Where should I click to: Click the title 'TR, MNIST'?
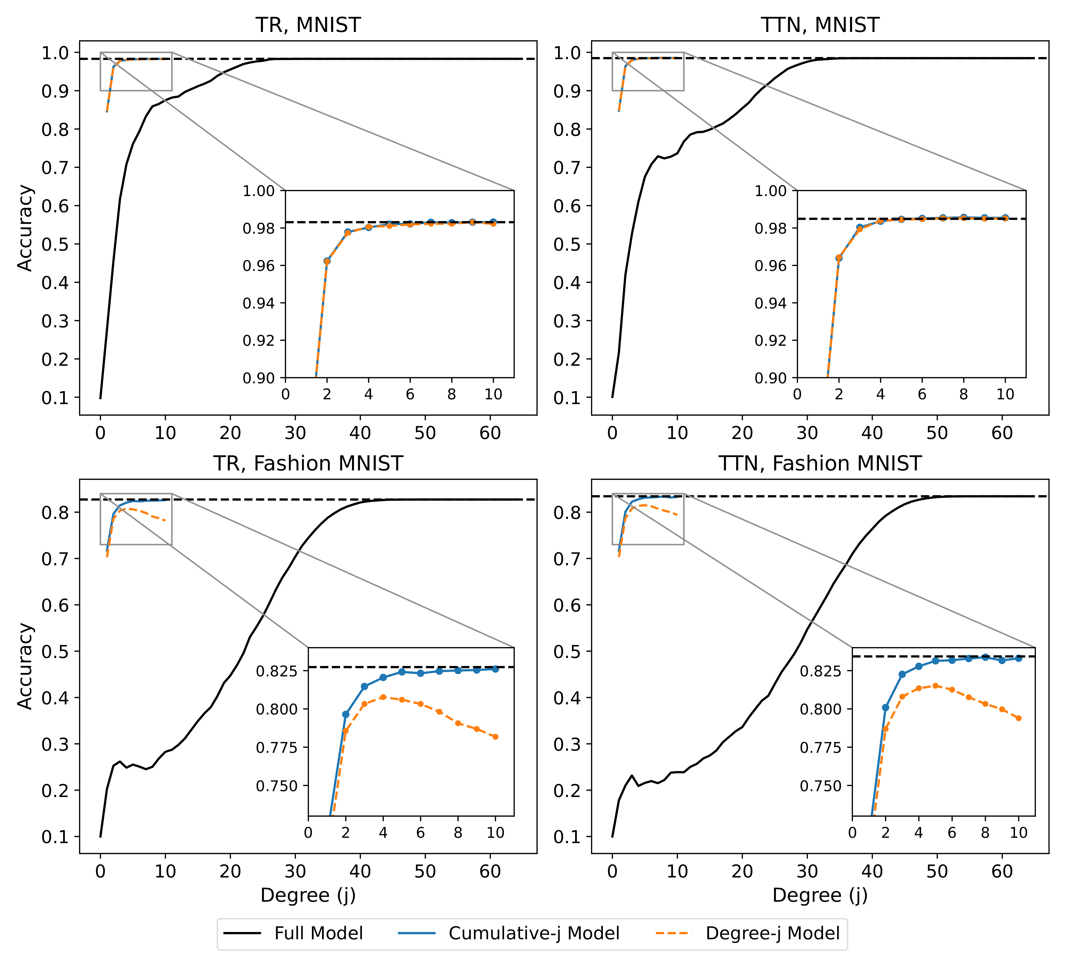tap(308, 25)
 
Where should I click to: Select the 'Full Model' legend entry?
tap(318, 933)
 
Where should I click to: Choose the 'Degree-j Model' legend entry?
tap(772, 933)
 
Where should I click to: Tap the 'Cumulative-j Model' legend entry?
tap(534, 933)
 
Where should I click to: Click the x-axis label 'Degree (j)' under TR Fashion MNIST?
tap(308, 895)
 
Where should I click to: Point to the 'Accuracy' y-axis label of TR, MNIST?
tap(25, 228)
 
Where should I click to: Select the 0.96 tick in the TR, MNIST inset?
tap(259, 266)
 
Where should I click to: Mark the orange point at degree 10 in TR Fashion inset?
tap(495, 737)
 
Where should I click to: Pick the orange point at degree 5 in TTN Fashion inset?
tap(935, 685)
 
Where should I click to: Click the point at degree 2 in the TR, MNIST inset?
tap(327, 261)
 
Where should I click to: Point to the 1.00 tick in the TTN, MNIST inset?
tap(771, 191)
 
